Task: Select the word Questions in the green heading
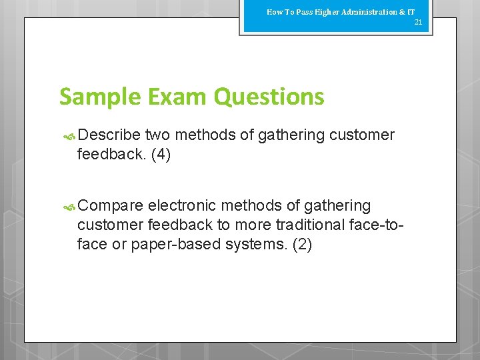click(269, 97)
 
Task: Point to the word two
click(157, 135)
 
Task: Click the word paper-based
click(175, 244)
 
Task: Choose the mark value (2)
click(301, 244)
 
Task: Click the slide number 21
click(419, 23)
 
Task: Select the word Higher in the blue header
click(324, 12)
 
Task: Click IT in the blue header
click(411, 12)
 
